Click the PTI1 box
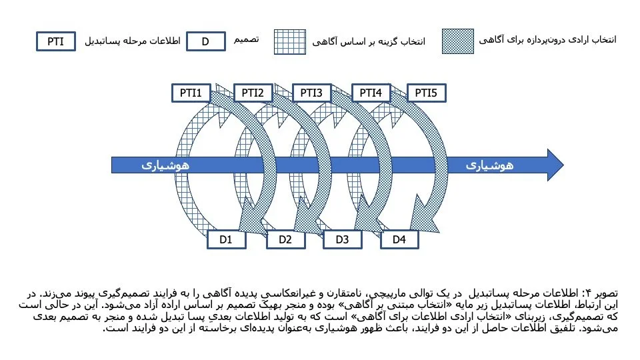pos(191,93)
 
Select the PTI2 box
pos(253,93)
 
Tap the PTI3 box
pos(311,93)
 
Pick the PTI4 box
pos(371,93)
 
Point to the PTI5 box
pos(426,93)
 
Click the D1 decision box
pos(225,239)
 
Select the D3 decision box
pos(342,239)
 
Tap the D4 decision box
pos(399,239)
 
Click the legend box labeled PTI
pos(56,41)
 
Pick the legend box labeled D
pos(205,41)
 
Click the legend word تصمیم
pos(244,40)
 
